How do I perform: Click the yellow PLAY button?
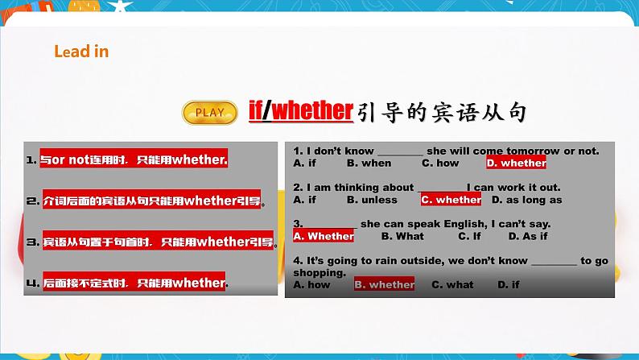[210, 112]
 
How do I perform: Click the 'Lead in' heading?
[81, 52]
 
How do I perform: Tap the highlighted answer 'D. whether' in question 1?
[517, 163]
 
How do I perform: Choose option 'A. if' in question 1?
[305, 163]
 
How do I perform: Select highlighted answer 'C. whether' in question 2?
[451, 200]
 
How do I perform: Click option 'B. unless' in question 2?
[372, 200]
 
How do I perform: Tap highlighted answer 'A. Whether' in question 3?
[324, 236]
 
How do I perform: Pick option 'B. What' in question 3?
[402, 236]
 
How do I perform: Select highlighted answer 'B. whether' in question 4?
[384, 284]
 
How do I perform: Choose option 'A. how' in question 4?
[312, 284]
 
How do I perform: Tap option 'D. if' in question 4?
[509, 284]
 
